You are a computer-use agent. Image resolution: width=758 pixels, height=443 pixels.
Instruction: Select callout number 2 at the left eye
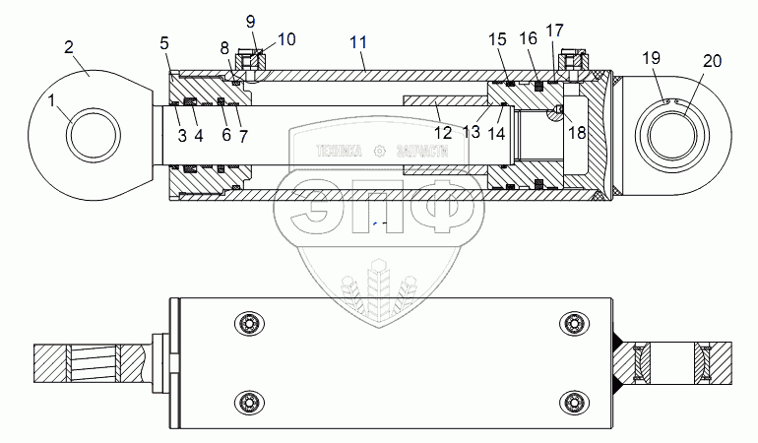tap(69, 46)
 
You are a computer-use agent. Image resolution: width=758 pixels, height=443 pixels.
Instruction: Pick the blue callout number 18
tap(578, 132)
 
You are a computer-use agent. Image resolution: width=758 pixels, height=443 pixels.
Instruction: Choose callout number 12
tap(444, 132)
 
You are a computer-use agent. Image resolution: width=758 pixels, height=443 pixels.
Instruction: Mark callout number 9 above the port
tap(250, 21)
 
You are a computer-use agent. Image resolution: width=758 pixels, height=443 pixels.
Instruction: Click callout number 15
tap(497, 38)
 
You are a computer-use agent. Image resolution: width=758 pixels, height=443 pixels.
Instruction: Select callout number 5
tap(164, 42)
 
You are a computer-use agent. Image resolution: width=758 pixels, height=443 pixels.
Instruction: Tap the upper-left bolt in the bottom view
tap(246, 324)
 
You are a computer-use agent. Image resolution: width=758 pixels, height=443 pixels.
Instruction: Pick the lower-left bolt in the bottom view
tap(246, 401)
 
